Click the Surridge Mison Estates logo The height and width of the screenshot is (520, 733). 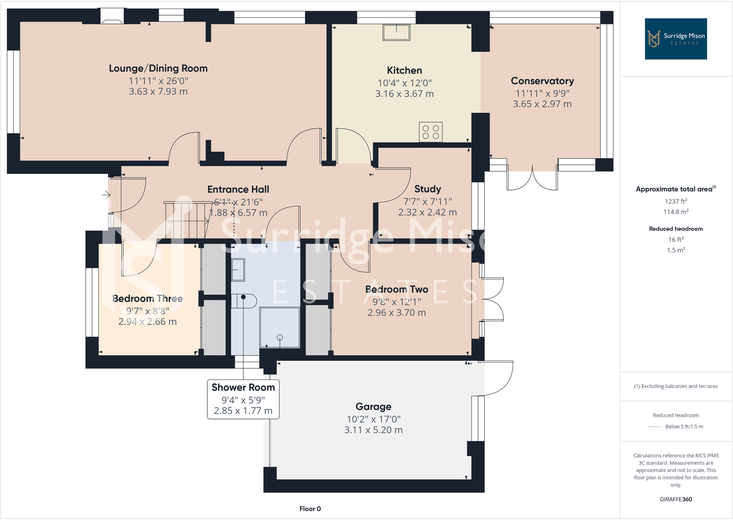(675, 39)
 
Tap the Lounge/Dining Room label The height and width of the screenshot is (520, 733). (158, 68)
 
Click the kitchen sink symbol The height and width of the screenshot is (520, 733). (396, 32)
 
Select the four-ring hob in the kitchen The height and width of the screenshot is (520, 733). (431, 132)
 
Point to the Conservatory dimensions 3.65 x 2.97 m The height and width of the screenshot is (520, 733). (542, 104)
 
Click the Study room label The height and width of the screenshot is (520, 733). (427, 189)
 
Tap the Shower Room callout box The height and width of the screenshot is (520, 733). (243, 399)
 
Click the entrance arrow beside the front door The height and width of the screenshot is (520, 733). (106, 195)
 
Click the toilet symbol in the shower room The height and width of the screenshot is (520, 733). (244, 301)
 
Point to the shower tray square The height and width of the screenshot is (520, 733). (279, 328)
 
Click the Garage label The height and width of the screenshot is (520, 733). (373, 406)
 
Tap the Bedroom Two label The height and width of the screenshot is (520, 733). (396, 289)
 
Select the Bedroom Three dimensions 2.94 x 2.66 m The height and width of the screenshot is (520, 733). (148, 322)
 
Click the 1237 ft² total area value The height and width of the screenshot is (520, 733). (676, 201)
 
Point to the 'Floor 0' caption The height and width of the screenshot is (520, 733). (310, 508)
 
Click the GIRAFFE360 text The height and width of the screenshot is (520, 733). (676, 499)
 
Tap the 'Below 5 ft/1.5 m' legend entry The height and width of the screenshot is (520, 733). (684, 426)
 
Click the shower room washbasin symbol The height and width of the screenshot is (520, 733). (238, 270)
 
